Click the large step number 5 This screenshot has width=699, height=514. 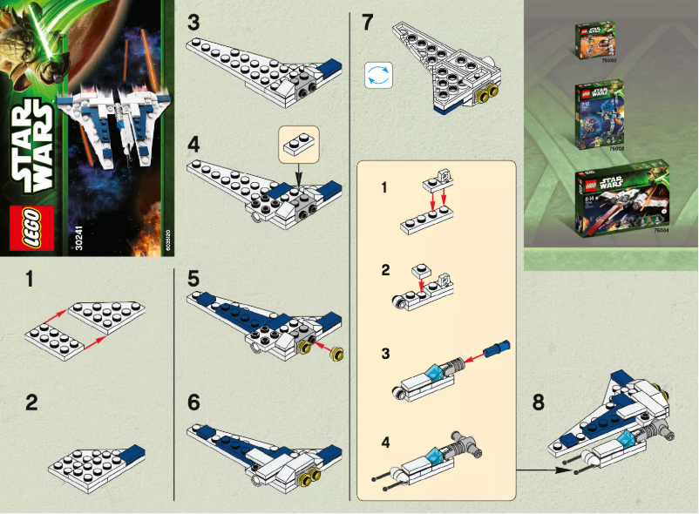point(193,281)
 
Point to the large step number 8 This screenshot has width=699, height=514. point(538,402)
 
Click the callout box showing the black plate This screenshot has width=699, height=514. point(299,141)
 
